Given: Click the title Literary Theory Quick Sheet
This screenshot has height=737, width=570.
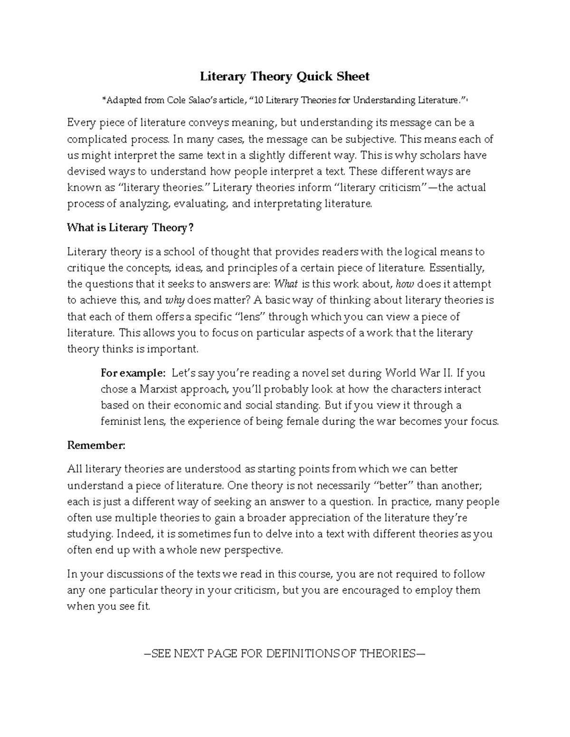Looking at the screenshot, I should pos(284,76).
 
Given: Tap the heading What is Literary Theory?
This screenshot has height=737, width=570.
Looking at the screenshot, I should pos(131,228).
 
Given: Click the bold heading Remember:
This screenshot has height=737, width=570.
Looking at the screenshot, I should pos(96,445).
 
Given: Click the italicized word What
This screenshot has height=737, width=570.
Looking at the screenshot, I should pos(286,284).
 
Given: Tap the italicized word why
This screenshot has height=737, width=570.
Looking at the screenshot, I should pos(174,300).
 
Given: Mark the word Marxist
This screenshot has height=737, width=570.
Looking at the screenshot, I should pos(159,389).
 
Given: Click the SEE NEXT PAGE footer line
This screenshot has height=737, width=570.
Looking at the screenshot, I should pos(284,653).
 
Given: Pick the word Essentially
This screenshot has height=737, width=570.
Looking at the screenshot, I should pos(456,268).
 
